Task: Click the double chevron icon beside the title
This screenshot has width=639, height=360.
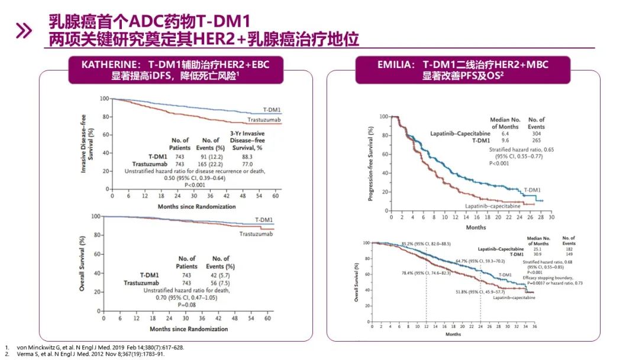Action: (x=23, y=31)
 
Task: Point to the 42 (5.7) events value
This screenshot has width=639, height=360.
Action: (x=221, y=275)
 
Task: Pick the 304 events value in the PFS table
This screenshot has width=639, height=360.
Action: (x=537, y=134)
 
